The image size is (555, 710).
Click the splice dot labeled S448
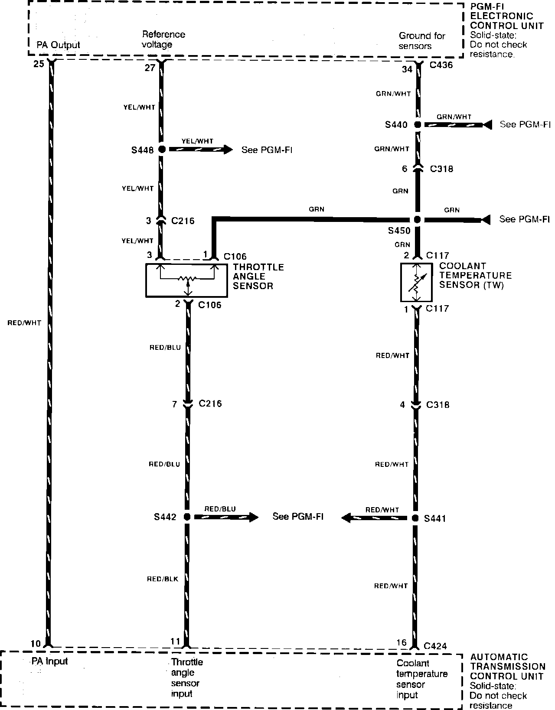(x=161, y=150)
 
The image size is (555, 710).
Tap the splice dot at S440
(x=417, y=125)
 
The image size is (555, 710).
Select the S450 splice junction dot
(x=417, y=220)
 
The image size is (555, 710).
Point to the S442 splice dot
(x=187, y=517)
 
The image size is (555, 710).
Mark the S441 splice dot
(x=415, y=518)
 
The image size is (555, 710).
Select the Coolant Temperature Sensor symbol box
(x=416, y=282)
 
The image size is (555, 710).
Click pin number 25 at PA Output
(x=39, y=64)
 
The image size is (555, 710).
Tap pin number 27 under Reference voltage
(x=150, y=68)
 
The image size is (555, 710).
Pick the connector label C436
(x=441, y=65)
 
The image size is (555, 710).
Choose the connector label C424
(x=435, y=646)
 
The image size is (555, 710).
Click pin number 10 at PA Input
(x=36, y=643)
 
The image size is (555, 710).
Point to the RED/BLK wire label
(x=163, y=579)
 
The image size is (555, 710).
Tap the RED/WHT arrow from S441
(x=375, y=518)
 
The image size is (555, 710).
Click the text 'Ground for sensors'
(x=421, y=41)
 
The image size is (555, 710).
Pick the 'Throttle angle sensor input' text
(x=186, y=677)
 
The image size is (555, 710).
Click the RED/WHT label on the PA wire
(x=24, y=322)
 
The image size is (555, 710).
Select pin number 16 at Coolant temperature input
(x=402, y=642)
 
